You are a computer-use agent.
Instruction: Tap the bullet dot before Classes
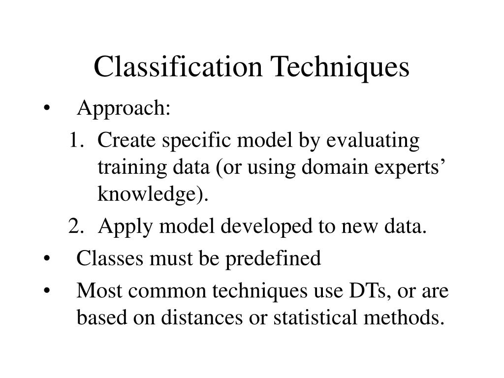(x=47, y=258)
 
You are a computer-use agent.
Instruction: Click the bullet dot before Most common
(x=47, y=291)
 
